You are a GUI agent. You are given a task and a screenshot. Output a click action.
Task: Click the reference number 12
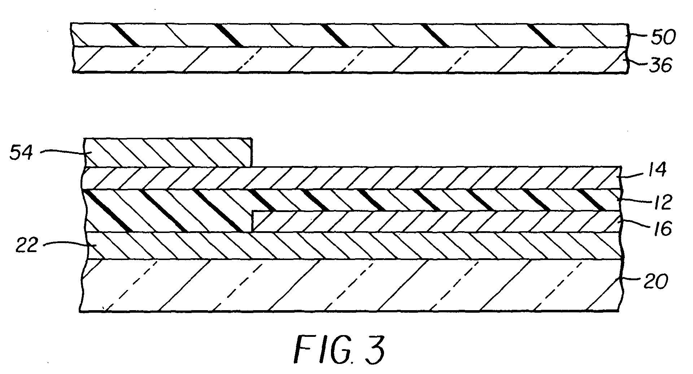[661, 203]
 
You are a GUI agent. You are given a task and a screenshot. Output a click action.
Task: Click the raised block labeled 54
[166, 153]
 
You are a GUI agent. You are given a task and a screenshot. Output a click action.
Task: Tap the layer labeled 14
[361, 178]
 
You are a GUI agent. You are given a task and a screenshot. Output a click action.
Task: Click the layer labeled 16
[433, 221]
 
